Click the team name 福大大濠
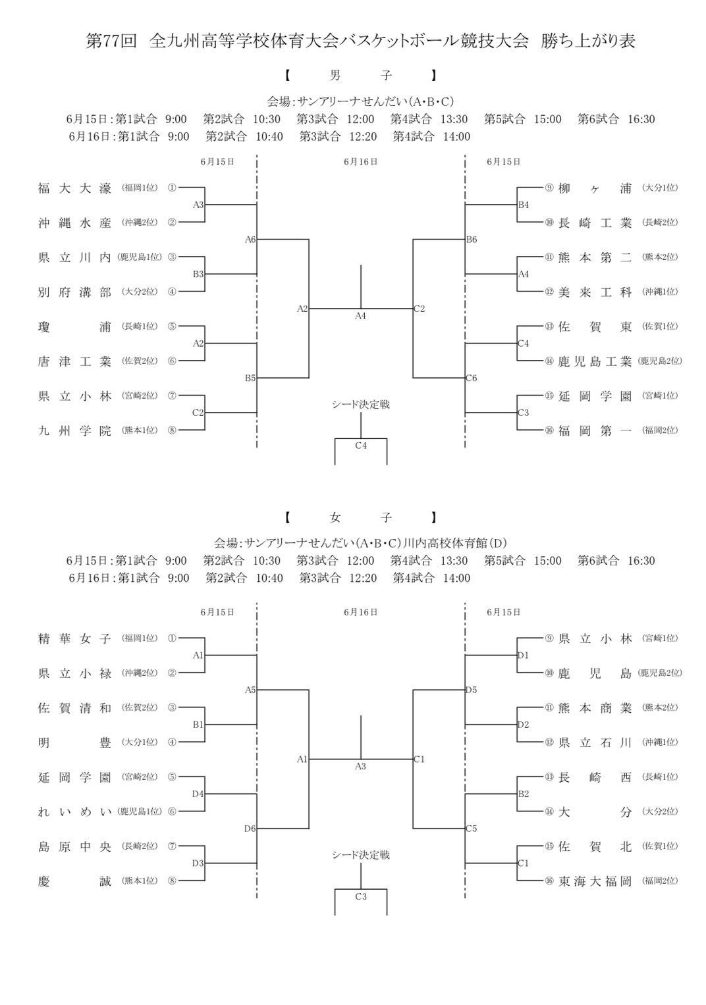(x=74, y=188)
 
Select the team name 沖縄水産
(x=74, y=222)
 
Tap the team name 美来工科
(x=595, y=292)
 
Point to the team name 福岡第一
(x=595, y=430)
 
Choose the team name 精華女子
(x=74, y=638)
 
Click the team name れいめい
(x=74, y=812)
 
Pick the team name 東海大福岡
(x=595, y=881)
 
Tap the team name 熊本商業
(x=595, y=708)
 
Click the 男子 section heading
(x=360, y=76)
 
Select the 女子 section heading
(x=360, y=517)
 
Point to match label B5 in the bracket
(x=250, y=378)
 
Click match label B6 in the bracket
(x=472, y=240)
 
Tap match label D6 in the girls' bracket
(x=250, y=829)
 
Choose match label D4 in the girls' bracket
(x=198, y=794)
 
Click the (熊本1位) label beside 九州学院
(x=140, y=430)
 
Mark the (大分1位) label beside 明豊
(x=140, y=742)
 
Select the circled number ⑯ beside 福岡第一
(x=549, y=430)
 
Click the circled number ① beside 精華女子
(x=172, y=638)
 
